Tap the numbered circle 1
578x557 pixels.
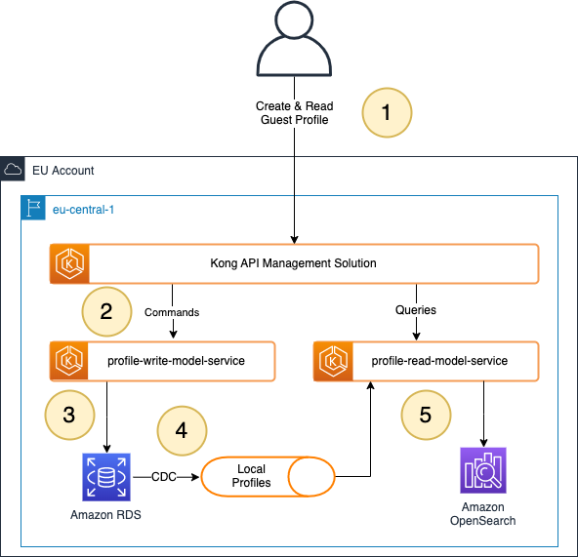click(x=387, y=111)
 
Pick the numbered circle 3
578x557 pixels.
click(x=68, y=413)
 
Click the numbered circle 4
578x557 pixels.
click(x=181, y=428)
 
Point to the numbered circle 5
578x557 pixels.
click(x=425, y=414)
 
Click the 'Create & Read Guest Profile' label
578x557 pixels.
click(x=294, y=112)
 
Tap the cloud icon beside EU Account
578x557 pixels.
click(x=13, y=170)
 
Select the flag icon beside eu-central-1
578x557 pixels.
click(x=34, y=208)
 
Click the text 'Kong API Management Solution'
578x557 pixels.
click(x=294, y=263)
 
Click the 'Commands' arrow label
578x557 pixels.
click(x=172, y=312)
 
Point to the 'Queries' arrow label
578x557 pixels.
click(x=416, y=310)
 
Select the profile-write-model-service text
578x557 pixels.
click(x=176, y=361)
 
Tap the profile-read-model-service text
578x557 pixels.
click(x=439, y=361)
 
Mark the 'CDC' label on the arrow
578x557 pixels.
click(x=164, y=477)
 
